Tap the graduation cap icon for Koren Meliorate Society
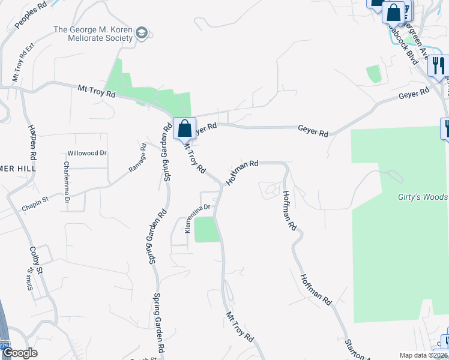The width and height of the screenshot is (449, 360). [142, 32]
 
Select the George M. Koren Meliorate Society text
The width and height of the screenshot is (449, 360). [93, 33]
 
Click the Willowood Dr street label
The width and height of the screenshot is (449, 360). [86, 153]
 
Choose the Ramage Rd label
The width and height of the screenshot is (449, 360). [137, 158]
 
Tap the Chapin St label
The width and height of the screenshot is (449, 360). [34, 206]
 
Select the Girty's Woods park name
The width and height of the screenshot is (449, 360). [423, 197]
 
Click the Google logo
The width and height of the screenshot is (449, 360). [20, 353]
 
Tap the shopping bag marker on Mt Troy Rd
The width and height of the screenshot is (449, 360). [185, 128]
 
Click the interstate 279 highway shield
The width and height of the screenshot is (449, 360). [5, 345]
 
